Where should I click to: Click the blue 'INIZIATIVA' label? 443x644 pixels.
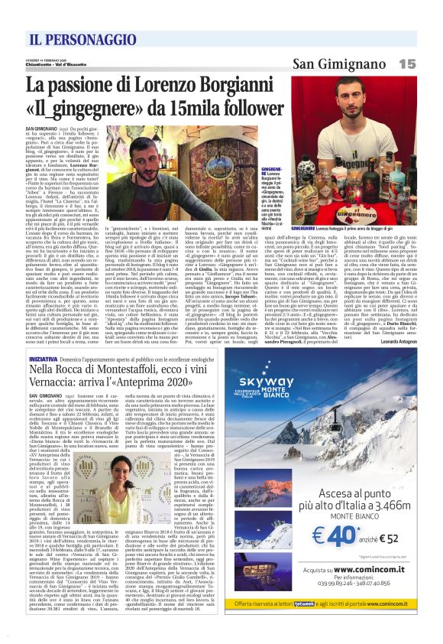tap(41, 356)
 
